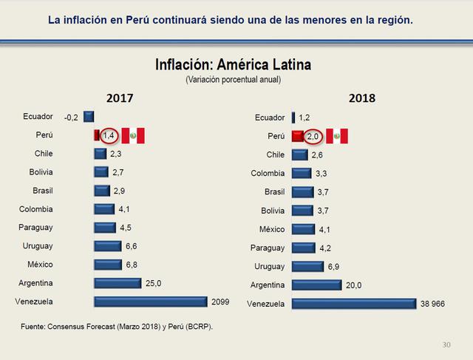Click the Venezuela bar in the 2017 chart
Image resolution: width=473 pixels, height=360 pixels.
150,302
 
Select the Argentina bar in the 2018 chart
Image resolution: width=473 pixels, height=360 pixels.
316,285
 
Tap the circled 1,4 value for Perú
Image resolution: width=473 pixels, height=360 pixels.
109,135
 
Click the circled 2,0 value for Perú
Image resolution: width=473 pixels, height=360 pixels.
312,136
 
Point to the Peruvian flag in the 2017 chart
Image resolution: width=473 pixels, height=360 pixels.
133,135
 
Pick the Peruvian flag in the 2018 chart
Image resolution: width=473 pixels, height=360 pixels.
336,136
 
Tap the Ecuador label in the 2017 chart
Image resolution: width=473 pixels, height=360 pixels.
38,117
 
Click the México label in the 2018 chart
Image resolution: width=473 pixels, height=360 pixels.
271,229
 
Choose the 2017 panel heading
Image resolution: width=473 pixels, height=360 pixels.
120,98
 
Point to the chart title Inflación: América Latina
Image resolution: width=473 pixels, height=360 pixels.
233,65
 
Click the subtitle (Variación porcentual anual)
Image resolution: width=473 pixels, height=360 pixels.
233,79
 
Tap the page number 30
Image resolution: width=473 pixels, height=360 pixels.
446,344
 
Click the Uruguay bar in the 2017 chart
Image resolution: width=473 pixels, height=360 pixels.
107,246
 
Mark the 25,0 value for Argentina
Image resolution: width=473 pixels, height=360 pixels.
154,283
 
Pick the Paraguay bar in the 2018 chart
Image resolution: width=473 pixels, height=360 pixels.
303,248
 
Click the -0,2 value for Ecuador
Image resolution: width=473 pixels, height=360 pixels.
72,117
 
